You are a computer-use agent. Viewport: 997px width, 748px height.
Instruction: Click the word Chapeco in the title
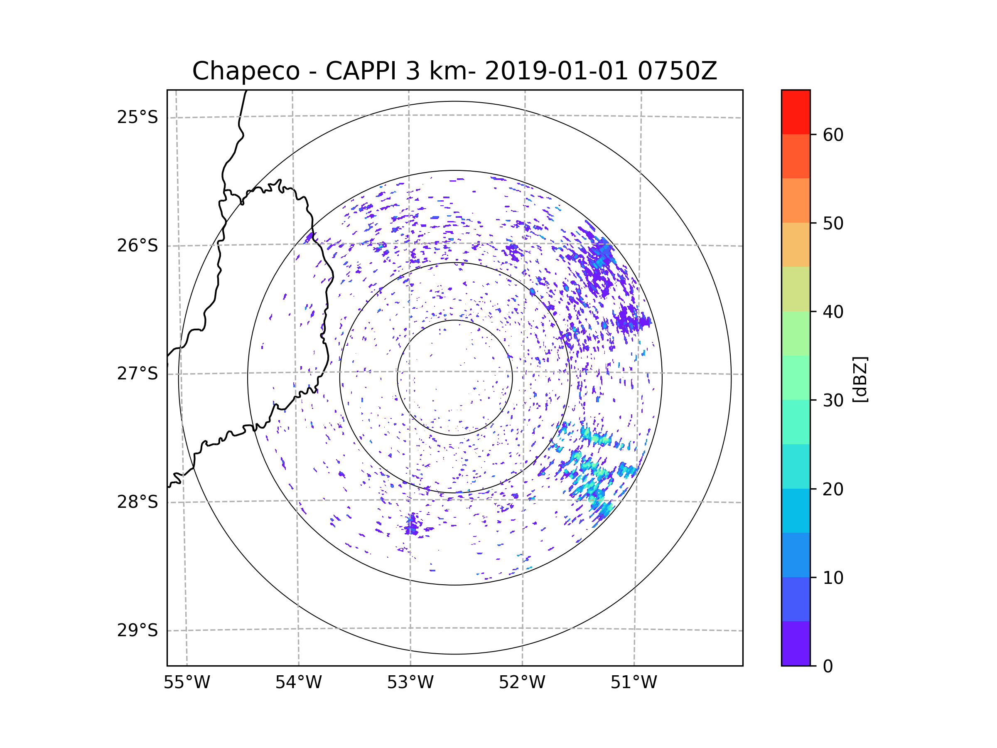[x=246, y=71]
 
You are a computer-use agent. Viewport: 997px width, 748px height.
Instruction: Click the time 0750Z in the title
[x=677, y=71]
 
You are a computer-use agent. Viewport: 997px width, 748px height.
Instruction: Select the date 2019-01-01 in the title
[x=556, y=71]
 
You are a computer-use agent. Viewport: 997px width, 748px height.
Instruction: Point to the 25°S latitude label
[x=138, y=117]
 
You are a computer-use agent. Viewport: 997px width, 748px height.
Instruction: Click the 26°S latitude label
[x=138, y=246]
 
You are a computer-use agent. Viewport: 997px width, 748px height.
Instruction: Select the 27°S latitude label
[x=138, y=374]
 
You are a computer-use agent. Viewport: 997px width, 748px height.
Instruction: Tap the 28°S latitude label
[x=138, y=502]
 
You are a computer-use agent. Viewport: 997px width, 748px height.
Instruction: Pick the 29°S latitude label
[x=138, y=630]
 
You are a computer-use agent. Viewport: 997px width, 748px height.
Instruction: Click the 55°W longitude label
[x=187, y=683]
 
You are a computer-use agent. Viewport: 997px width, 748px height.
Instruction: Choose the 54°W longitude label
[x=298, y=683]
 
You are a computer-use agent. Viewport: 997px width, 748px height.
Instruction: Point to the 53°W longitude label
[x=410, y=683]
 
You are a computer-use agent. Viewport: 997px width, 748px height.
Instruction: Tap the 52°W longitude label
[x=522, y=683]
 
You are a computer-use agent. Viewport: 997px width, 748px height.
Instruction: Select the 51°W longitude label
[x=634, y=683]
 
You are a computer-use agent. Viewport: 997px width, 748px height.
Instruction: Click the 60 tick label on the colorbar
[x=833, y=135]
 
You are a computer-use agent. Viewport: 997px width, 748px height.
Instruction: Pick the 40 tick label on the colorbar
[x=833, y=312]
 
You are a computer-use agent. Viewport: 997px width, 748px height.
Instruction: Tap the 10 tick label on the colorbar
[x=833, y=578]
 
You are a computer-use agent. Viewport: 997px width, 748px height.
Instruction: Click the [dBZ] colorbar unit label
[x=860, y=379]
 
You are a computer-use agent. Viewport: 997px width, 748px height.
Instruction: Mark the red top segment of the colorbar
[x=796, y=112]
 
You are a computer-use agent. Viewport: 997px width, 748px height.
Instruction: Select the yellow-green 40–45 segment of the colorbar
[x=796, y=289]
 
